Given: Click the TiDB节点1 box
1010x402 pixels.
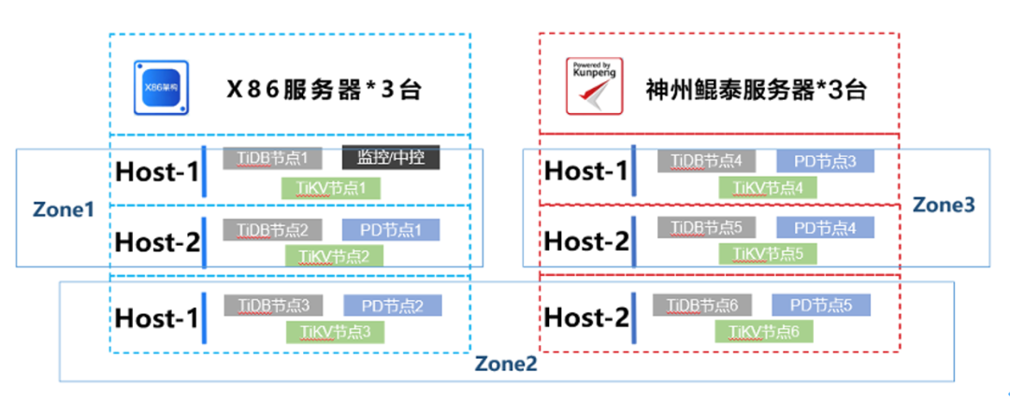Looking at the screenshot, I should click(272, 158).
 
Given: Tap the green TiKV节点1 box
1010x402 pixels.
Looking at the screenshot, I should click(332, 188).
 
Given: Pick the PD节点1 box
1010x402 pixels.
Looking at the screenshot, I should click(391, 229).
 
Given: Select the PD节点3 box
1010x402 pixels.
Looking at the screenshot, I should click(825, 160).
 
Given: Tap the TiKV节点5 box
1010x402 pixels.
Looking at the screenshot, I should click(766, 253).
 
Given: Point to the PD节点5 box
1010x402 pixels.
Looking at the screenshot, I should click(821, 305).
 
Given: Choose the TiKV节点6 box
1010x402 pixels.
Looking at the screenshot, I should click(763, 331).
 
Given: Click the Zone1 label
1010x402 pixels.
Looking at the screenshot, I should click(63, 208).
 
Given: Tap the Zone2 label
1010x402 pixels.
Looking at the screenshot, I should click(506, 365).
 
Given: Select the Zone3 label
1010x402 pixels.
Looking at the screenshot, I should click(944, 204).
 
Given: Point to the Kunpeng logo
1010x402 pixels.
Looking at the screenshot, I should click(594, 87).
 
